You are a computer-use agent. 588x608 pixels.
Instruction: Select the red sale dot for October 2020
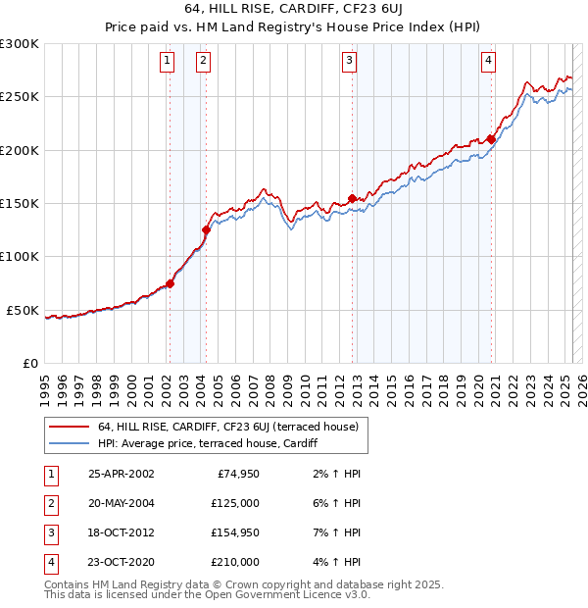[491, 139]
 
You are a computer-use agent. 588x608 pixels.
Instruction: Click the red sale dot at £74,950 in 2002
[170, 283]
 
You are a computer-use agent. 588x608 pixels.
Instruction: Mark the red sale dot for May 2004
[206, 230]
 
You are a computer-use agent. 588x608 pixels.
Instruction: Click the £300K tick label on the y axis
[19, 44]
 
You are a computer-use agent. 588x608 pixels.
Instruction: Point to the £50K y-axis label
[23, 310]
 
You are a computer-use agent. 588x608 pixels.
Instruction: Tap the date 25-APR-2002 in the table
[121, 474]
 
